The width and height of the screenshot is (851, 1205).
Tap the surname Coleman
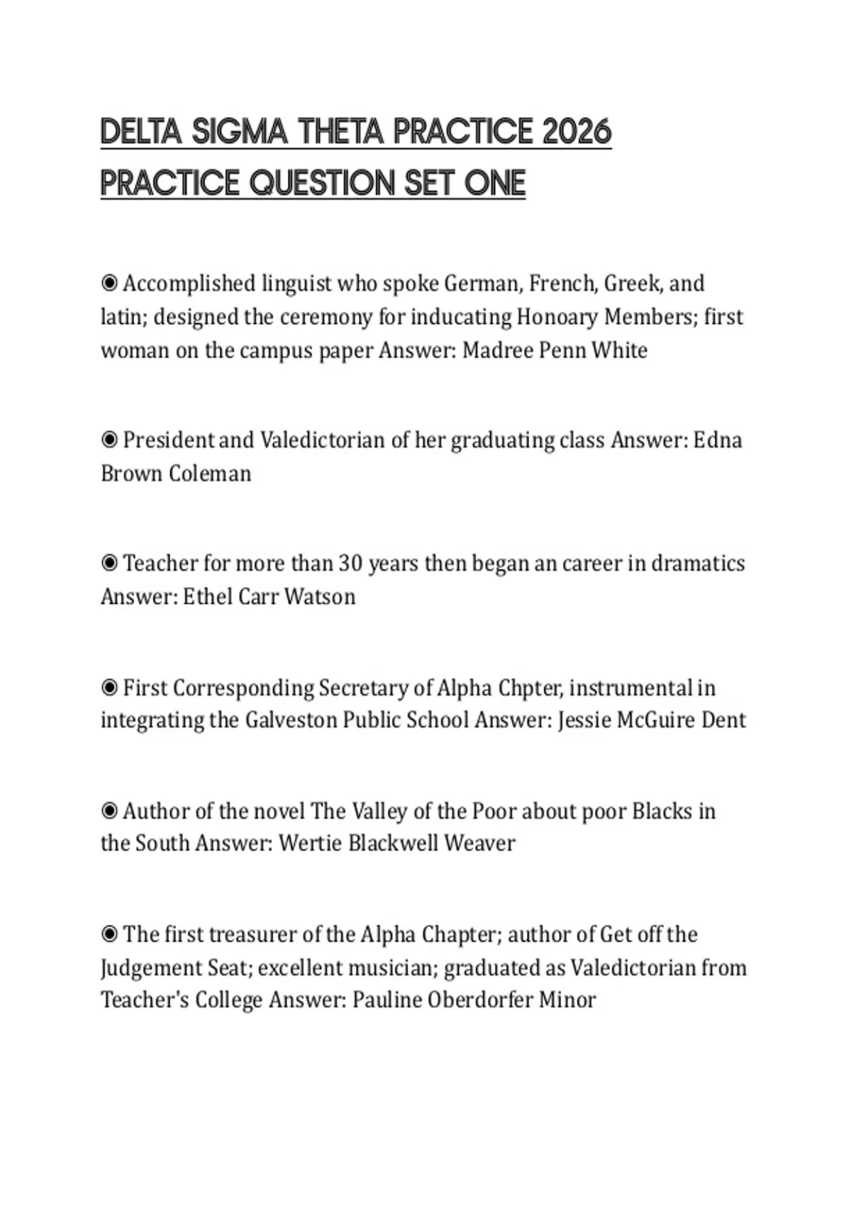(210, 473)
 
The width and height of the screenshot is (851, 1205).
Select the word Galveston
(291, 720)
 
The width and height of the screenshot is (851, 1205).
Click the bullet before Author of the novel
(109, 811)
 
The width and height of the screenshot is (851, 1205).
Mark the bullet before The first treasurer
(109, 934)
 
